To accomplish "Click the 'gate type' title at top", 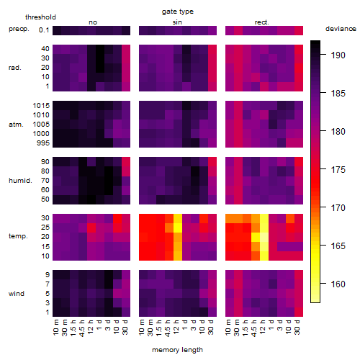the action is [178, 12].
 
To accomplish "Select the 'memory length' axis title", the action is [177, 350].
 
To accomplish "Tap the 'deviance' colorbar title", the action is [341, 29].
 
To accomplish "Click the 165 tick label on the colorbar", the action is [338, 246].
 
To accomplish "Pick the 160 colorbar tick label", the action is [338, 284].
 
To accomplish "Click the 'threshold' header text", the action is [40, 17].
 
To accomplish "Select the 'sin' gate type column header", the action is [177, 22].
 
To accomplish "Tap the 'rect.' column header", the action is [261, 22].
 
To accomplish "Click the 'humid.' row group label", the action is [20, 181].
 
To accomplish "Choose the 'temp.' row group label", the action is [18, 236].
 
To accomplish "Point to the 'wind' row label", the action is [17, 294].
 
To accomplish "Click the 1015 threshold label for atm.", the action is [41, 106].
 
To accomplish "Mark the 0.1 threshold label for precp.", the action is [44, 30].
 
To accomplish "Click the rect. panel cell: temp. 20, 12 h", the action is [264, 237].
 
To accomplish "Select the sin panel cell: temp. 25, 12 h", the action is [178, 228].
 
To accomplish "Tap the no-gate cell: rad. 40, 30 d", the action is [126, 49].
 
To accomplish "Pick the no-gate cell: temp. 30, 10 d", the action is [117, 218].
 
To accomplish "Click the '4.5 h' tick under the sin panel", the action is [168, 328].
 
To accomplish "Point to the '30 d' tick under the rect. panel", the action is [297, 327].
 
